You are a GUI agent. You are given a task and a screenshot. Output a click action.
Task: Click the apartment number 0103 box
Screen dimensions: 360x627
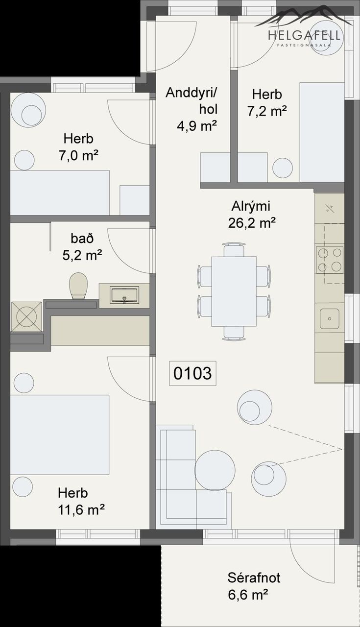192,373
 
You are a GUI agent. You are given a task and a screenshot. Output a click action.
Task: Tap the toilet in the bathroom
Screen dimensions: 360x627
78,286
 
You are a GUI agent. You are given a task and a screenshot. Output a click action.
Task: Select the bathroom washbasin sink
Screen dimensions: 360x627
124,295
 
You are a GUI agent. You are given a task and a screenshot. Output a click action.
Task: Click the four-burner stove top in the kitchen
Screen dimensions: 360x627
330,260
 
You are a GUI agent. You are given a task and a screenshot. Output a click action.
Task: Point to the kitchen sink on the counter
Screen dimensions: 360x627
330,318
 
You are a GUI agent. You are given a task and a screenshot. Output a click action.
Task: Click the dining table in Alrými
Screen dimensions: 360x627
234,291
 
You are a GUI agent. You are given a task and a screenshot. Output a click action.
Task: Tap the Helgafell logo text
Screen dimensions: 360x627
304,36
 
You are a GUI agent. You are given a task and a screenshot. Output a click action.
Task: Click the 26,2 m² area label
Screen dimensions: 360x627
252,223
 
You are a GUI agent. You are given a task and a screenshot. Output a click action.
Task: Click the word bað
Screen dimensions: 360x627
82,238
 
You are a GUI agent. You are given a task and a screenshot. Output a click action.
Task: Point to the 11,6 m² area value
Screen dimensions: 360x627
81,510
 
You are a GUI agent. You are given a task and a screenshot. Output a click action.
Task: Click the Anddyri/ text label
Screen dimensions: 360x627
191,93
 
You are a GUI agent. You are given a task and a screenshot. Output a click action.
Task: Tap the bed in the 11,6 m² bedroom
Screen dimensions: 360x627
60,434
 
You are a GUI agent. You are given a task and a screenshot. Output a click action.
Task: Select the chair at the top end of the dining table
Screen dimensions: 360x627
234,250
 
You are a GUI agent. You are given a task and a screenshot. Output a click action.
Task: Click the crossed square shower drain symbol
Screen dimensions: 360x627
26,316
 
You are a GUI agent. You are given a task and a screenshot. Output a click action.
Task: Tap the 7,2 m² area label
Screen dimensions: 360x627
267,111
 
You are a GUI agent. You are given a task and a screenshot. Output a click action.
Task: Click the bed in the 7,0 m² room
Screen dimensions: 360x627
60,193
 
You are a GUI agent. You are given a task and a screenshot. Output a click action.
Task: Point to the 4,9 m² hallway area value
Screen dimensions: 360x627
197,126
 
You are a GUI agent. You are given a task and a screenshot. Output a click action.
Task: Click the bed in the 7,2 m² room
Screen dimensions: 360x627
322,132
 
